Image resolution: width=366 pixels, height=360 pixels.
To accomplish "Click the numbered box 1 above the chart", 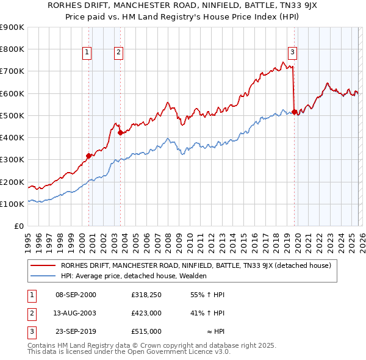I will pyautogui.click(x=88, y=52).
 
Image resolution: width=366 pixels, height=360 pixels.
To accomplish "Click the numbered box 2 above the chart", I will pyautogui.click(x=118, y=52).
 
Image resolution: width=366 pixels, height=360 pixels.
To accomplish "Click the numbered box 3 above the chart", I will pyautogui.click(x=293, y=52).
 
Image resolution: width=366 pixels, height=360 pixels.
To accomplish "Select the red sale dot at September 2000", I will pyautogui.click(x=88, y=156).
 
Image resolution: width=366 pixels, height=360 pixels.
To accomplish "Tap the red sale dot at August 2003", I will pyautogui.click(x=120, y=132).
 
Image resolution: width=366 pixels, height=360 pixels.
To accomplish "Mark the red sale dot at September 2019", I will pyautogui.click(x=295, y=112).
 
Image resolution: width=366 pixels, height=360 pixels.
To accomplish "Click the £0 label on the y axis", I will pyautogui.click(x=18, y=226).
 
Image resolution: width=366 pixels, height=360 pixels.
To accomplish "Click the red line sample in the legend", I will pyautogui.click(x=43, y=265).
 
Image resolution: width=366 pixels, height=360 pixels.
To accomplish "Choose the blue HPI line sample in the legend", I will pyautogui.click(x=43, y=276).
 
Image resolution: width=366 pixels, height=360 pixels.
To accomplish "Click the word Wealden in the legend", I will pyautogui.click(x=193, y=276).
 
